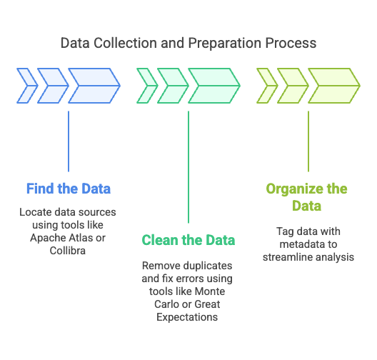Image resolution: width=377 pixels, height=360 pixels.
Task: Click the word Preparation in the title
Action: pyautogui.click(x=224, y=44)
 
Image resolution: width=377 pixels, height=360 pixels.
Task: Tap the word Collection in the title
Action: pyautogui.click(x=125, y=43)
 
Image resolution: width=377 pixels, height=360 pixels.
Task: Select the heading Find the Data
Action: pyautogui.click(x=69, y=189)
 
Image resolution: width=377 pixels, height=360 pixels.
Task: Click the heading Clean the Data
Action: pyautogui.click(x=188, y=240)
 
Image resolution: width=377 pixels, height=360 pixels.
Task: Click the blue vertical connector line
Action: pyautogui.click(x=69, y=141)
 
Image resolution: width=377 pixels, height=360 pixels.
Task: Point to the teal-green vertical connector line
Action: pyautogui.click(x=188, y=167)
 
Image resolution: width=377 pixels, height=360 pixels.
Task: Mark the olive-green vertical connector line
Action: pyautogui.click(x=308, y=141)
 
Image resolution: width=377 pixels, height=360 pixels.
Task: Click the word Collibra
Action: pyautogui.click(x=68, y=251)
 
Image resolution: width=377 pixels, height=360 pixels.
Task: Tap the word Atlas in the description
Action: pyautogui.click(x=80, y=238)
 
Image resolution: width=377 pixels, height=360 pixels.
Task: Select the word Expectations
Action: pyautogui.click(x=187, y=317)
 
